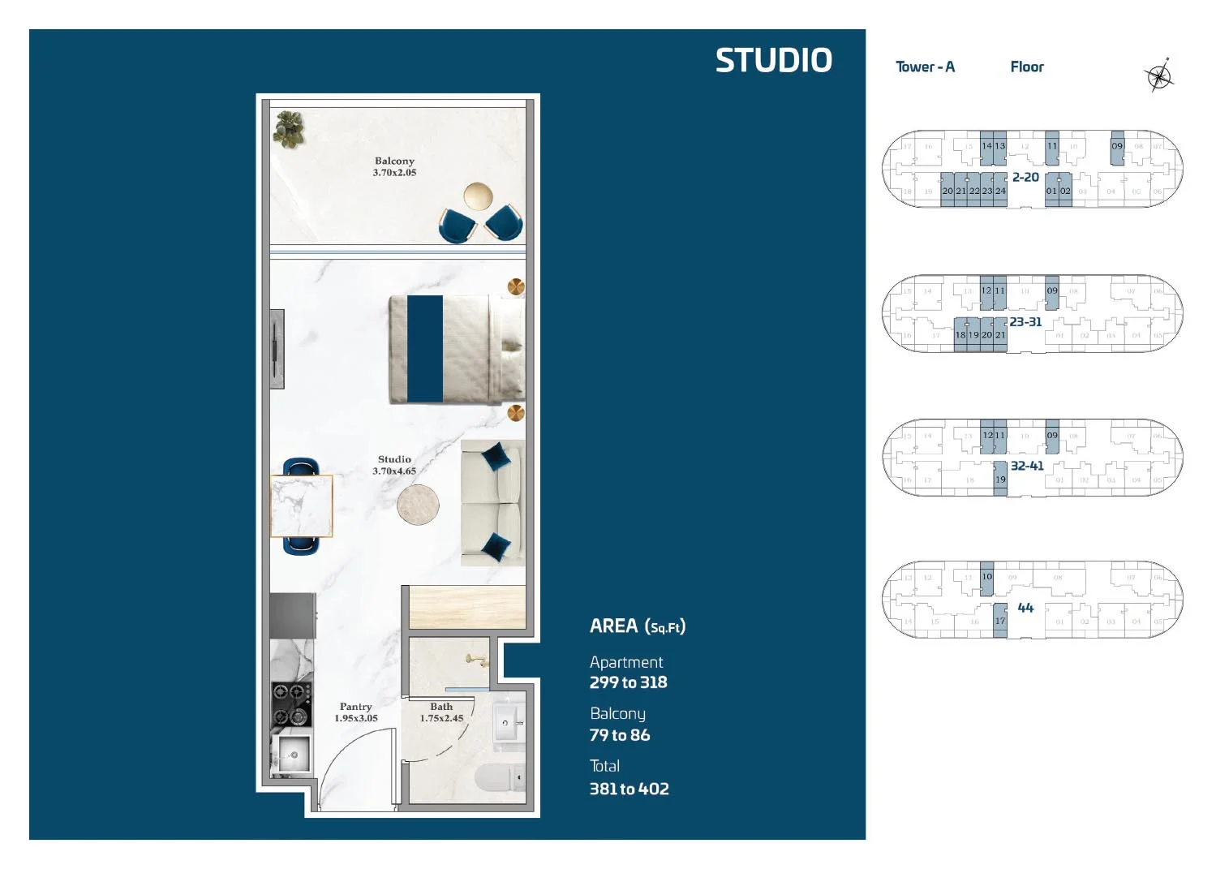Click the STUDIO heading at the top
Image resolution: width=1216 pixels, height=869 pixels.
click(x=773, y=61)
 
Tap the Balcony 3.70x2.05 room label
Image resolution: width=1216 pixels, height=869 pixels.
click(x=394, y=166)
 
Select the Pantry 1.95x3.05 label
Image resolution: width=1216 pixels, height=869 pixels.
click(x=356, y=712)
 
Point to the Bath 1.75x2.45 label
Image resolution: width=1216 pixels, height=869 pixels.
click(x=441, y=712)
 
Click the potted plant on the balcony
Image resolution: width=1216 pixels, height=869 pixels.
click(x=289, y=130)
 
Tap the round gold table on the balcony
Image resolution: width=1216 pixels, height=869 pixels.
click(x=478, y=196)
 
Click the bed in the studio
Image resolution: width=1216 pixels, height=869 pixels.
click(x=456, y=349)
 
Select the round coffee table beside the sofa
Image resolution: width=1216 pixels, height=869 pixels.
click(x=418, y=504)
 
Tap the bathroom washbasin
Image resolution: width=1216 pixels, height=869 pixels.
click(x=505, y=721)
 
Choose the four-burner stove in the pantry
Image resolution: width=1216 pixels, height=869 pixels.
click(x=291, y=704)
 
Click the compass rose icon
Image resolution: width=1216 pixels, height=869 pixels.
click(x=1159, y=76)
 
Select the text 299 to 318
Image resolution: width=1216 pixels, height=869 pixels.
click(x=628, y=682)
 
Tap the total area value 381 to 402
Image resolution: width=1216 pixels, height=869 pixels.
click(x=629, y=789)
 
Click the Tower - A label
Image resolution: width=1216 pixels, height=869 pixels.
click(x=925, y=67)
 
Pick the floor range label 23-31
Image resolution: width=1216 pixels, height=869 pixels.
click(x=1025, y=322)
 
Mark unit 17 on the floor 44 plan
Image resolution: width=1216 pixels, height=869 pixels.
click(x=1000, y=621)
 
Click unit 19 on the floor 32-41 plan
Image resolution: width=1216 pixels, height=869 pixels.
click(x=1000, y=480)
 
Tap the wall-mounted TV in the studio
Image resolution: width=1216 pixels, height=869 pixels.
click(x=277, y=349)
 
